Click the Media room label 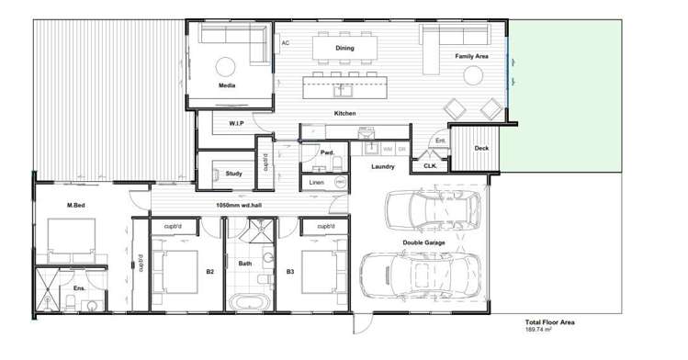227,85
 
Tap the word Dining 344,48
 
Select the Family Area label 471,57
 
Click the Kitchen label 345,113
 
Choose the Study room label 233,173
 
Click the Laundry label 383,167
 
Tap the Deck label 480,148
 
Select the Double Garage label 423,242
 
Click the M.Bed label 76,205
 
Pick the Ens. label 79,288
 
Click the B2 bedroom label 209,271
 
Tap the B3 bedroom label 289,271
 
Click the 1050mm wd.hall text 239,205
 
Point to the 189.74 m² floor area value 539,329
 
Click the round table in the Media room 226,65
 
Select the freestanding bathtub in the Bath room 250,301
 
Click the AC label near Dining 286,43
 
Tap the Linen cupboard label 316,182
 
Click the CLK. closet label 429,165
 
